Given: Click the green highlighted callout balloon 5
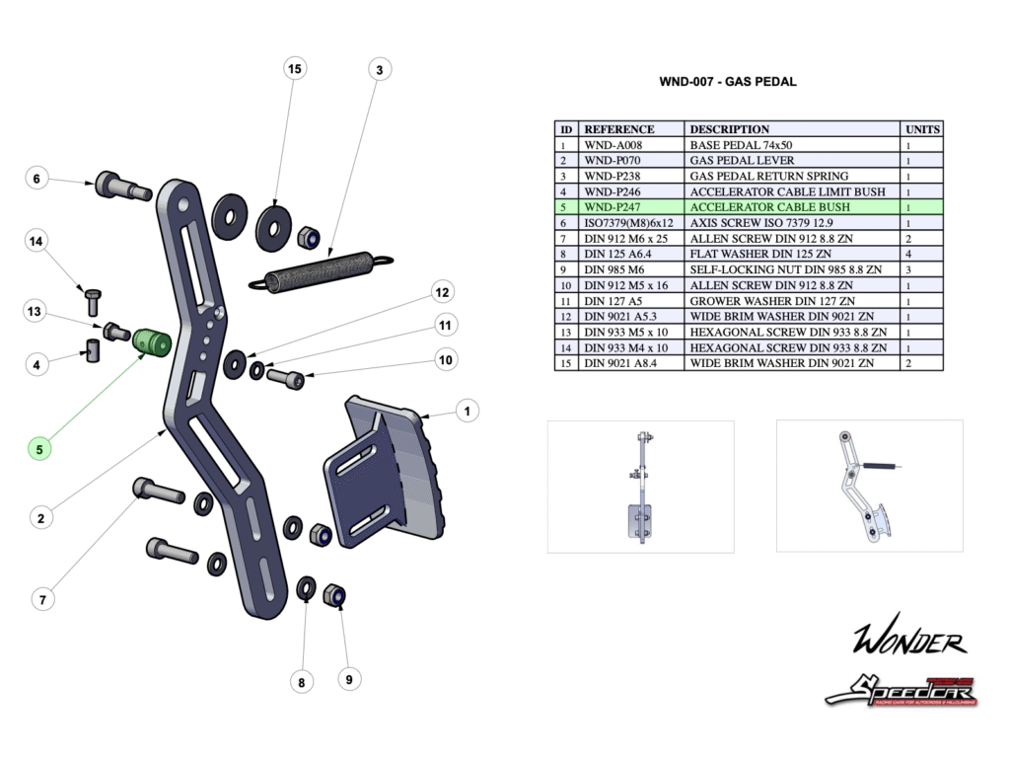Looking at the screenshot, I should pos(39,448).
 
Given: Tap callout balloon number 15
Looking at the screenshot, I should pos(293,69).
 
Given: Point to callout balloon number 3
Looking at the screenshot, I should pos(379,69).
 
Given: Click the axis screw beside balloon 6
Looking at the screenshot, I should pos(120,186).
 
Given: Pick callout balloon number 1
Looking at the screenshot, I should pos(467,410).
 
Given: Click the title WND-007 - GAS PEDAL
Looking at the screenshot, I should pos(727,82).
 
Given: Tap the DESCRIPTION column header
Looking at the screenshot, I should pos(730,129).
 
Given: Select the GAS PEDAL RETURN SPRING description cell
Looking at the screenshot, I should pos(768,176).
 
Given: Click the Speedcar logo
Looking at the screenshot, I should pos(901,688).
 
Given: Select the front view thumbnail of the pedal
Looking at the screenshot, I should pos(640,486).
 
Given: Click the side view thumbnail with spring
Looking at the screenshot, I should pos(869,486).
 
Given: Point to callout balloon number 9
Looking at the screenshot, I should pos(347,679).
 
